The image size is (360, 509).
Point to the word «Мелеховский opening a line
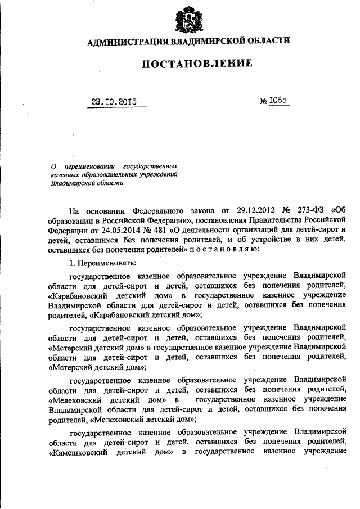(78, 398)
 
